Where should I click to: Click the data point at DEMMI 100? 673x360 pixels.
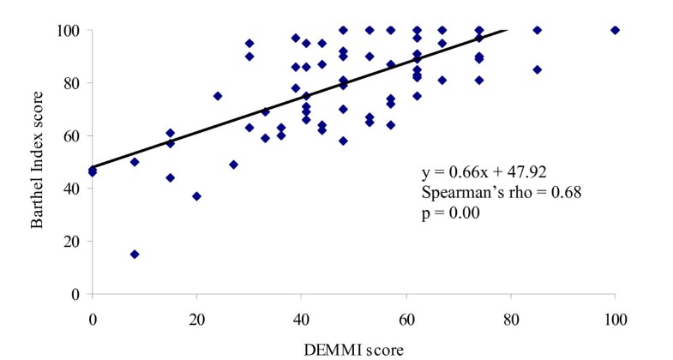[615, 30]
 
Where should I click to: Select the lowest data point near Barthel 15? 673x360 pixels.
[135, 254]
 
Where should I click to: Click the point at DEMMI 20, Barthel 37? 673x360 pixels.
[197, 196]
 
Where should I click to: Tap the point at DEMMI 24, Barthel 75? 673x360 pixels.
[218, 96]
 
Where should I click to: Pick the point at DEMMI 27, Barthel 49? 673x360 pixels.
[233, 165]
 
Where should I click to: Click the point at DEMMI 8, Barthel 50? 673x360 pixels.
[135, 162]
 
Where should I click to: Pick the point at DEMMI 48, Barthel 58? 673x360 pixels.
[343, 141]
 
